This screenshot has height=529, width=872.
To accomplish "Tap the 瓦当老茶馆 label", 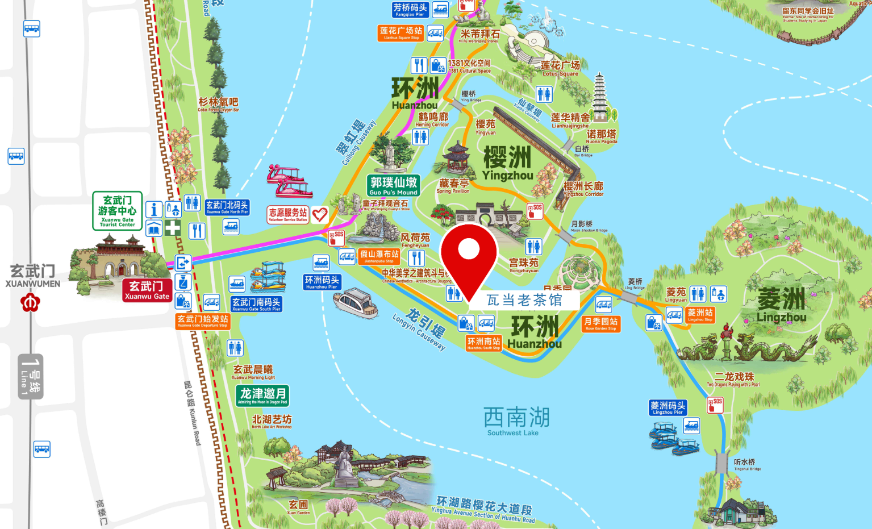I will [524, 300].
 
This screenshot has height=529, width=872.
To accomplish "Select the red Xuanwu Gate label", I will [147, 290].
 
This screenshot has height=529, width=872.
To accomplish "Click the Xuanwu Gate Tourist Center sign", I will [117, 210].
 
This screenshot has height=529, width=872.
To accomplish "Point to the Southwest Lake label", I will [516, 421].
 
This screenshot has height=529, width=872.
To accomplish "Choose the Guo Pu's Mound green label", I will [394, 185].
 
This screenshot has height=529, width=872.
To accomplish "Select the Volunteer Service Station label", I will [287, 214].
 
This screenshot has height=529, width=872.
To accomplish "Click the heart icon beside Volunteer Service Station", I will [320, 214].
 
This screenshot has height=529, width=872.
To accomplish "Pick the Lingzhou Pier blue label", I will [667, 407].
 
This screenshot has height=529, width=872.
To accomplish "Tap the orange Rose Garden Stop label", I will [601, 323].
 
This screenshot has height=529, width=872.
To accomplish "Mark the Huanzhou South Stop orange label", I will [483, 343].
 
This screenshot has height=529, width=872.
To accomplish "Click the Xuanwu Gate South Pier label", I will [256, 304].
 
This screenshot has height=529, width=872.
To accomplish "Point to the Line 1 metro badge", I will [31, 377].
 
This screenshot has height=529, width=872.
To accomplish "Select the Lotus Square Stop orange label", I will [401, 33].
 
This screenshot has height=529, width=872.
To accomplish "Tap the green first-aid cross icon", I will [173, 228].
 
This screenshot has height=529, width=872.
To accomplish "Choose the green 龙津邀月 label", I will [262, 395].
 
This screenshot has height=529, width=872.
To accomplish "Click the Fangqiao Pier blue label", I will [410, 10].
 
